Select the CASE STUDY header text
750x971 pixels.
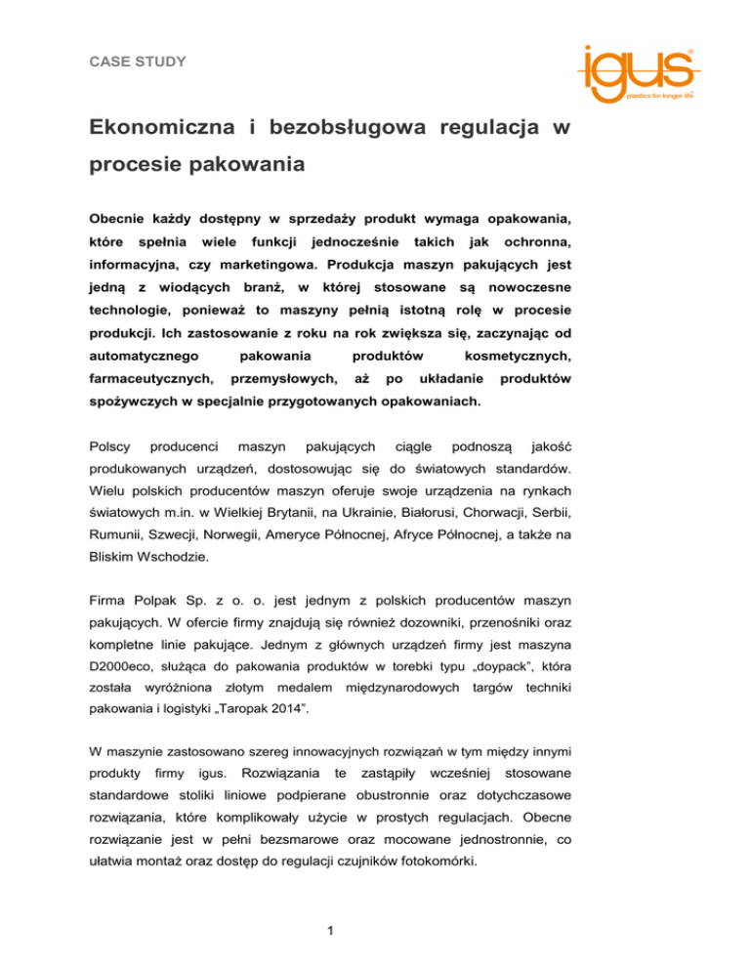pos(135,62)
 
